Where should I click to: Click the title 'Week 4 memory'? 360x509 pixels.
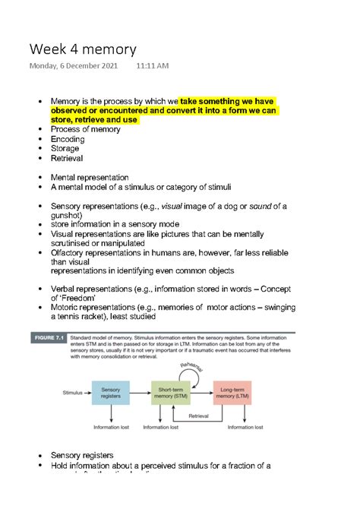tap(83, 49)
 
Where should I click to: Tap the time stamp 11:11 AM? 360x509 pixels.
tap(153, 67)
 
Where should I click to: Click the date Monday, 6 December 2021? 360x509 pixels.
tap(74, 67)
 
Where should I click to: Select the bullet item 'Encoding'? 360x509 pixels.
tap(68, 140)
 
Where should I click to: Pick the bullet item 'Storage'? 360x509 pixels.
tap(66, 150)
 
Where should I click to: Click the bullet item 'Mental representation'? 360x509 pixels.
tap(89, 178)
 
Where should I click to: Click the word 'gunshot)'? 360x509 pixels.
tap(68, 216)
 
